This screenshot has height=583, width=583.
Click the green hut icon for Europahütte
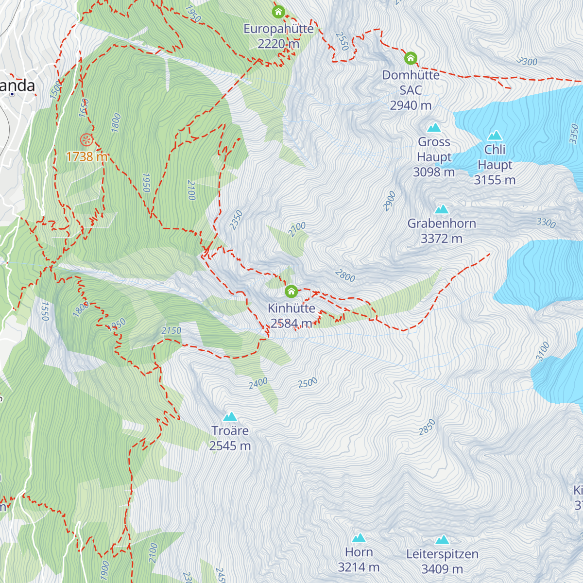pyautogui.click(x=278, y=11)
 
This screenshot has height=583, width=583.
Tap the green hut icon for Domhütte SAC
pyautogui.click(x=411, y=58)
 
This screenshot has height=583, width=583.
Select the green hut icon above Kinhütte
pyautogui.click(x=291, y=291)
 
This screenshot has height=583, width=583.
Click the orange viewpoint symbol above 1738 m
pyautogui.click(x=86, y=140)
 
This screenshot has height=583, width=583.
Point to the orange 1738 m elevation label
pyautogui.click(x=86, y=156)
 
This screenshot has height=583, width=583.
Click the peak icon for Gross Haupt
pyautogui.click(x=434, y=128)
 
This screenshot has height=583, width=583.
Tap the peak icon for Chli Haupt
pyautogui.click(x=495, y=136)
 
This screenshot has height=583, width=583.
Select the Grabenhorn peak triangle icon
pyautogui.click(x=441, y=209)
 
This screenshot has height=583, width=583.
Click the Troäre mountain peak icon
pyautogui.click(x=230, y=416)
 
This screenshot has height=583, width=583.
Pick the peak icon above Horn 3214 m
pyautogui.click(x=359, y=538)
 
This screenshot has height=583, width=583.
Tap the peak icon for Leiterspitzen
pyautogui.click(x=442, y=540)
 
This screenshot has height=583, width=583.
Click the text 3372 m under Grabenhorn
pyautogui.click(x=441, y=239)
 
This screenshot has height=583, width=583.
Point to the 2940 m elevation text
pyautogui.click(x=411, y=105)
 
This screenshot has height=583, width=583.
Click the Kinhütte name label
pyautogui.click(x=291, y=308)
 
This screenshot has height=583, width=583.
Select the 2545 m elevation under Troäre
pyautogui.click(x=230, y=446)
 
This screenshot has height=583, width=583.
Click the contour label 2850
pyautogui.click(x=427, y=427)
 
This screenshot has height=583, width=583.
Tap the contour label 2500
pyautogui.click(x=308, y=383)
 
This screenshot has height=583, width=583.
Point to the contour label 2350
pyautogui.click(x=236, y=220)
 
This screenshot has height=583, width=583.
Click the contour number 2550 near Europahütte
pyautogui.click(x=342, y=41)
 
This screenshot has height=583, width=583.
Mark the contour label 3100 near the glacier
pyautogui.click(x=543, y=351)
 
